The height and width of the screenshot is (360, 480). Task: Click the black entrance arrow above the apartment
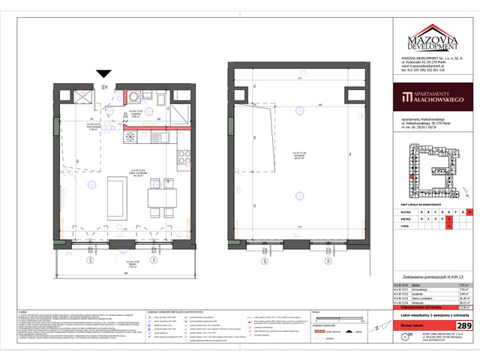105,73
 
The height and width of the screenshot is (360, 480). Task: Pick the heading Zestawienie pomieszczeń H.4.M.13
421,277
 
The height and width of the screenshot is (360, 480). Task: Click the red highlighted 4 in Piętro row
450,218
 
